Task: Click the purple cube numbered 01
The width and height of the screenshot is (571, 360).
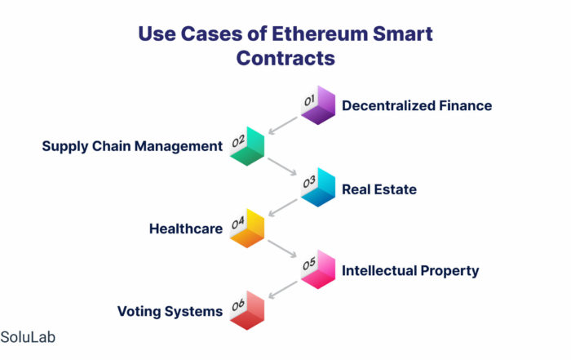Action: coord(318,105)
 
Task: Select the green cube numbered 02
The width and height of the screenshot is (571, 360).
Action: coord(247,146)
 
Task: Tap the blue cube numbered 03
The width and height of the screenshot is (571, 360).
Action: coord(318,187)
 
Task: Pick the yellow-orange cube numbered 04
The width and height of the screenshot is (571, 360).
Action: coord(247,228)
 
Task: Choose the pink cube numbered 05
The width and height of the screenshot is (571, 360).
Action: coord(318,269)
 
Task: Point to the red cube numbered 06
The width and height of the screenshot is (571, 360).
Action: coord(247,310)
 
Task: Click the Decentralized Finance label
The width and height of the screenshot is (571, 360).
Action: coord(417,105)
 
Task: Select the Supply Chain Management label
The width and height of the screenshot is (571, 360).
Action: coord(132,146)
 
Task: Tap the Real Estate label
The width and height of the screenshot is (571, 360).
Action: coord(379,189)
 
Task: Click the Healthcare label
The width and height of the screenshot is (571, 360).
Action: coord(186,229)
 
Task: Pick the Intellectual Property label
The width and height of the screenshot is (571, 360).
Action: coord(410,271)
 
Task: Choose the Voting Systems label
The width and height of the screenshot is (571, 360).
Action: coord(170,312)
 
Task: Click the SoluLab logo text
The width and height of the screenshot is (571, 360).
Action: coord(28,337)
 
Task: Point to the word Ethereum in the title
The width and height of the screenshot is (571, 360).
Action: coord(320,34)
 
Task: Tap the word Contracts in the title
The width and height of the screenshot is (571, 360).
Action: coord(285,58)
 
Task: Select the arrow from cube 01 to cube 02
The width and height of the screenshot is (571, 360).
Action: coord(282,126)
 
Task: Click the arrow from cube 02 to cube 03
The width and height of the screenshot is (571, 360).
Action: coord(282,167)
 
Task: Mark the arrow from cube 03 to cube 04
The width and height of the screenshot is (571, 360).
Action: coord(282,207)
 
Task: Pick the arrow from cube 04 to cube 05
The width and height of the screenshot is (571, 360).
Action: coord(282,249)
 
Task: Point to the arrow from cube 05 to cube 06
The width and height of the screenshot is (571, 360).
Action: coord(282,290)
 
